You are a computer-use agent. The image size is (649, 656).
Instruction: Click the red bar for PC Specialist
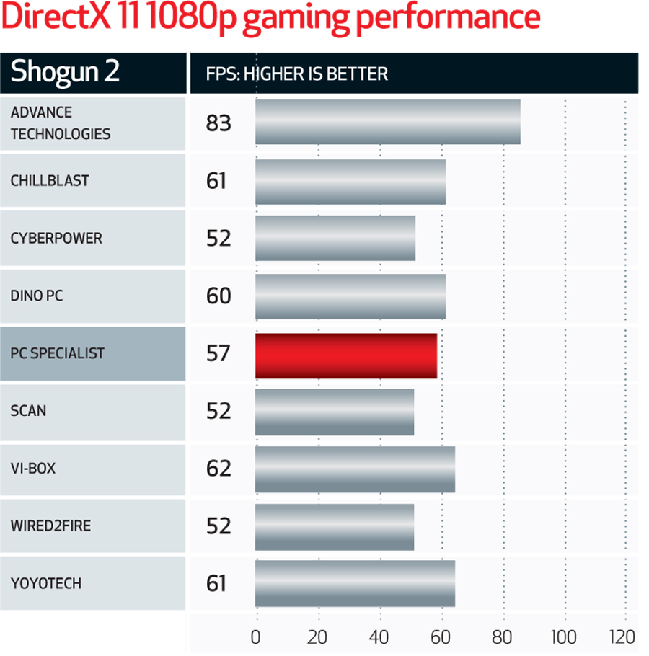click(346, 356)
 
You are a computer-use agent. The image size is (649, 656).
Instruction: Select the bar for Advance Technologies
click(387, 123)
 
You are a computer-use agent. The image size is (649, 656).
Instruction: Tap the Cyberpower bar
click(335, 238)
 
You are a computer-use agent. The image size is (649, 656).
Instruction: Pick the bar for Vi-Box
click(355, 469)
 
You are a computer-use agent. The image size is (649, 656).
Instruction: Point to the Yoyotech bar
click(355, 583)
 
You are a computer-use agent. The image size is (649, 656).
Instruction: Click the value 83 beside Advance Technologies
click(218, 123)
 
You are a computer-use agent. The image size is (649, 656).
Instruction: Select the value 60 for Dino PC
click(218, 296)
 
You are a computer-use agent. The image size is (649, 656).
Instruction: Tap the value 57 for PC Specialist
click(218, 353)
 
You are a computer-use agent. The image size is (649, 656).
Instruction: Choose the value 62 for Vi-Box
click(218, 469)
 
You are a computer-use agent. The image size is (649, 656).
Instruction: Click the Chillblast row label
click(50, 180)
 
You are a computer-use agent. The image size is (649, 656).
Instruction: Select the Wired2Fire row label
click(50, 526)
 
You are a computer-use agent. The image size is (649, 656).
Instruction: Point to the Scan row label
click(28, 411)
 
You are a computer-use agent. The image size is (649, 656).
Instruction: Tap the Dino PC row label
click(37, 296)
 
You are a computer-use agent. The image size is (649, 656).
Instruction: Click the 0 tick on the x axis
click(255, 637)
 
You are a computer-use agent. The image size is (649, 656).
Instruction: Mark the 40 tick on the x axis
click(379, 637)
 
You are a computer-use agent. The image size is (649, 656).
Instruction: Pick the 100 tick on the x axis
click(564, 637)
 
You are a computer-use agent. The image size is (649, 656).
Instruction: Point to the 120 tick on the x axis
click(622, 637)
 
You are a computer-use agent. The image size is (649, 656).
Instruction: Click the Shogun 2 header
click(65, 73)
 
